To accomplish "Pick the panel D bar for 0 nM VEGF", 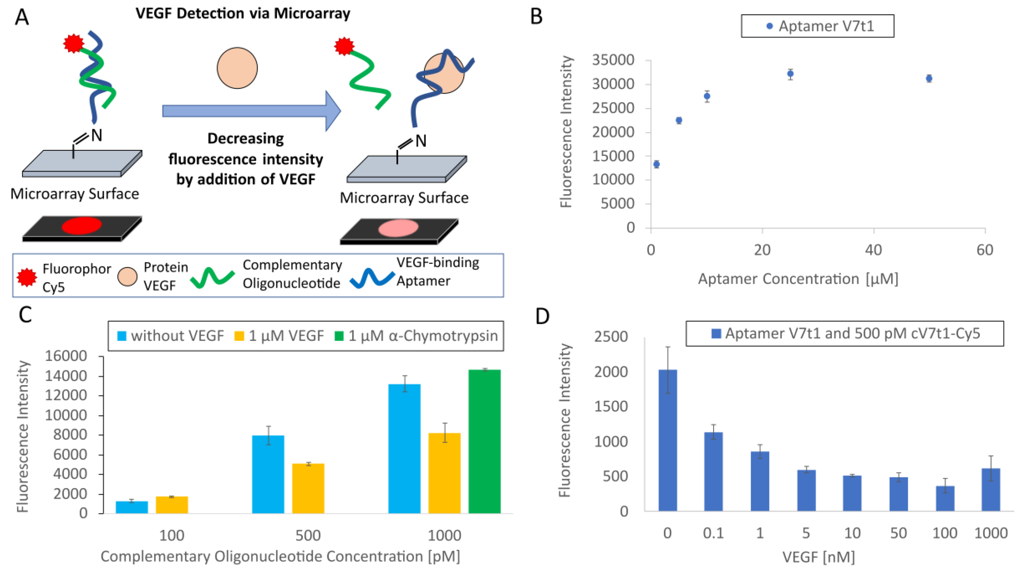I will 668,440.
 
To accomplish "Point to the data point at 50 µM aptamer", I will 929,79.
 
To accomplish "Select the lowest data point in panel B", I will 656,164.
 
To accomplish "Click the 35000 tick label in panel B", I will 613,60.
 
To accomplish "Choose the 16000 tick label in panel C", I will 66,356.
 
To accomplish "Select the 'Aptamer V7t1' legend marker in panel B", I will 769,26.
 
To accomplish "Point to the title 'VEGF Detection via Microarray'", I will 243,13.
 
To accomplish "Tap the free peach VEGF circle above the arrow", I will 237,68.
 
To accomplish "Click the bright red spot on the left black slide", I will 81,226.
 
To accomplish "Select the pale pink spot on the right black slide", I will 398,228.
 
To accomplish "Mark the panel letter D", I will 542,316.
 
